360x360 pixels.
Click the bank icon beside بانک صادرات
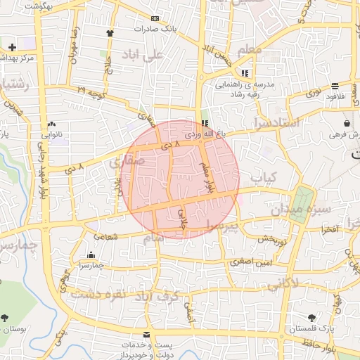coord(155,18)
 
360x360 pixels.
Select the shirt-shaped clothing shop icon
coord(110,32)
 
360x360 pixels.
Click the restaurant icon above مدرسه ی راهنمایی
coord(244,72)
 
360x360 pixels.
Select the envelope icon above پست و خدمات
coord(146,333)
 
